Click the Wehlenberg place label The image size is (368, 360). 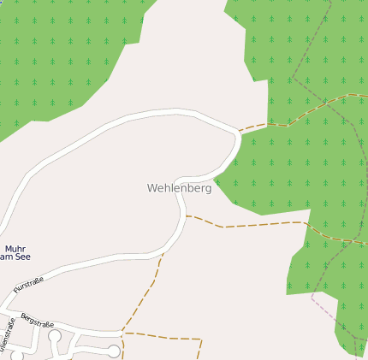179,187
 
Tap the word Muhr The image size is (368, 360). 15,248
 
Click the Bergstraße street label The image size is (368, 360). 38,320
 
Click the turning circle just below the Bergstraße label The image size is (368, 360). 55,336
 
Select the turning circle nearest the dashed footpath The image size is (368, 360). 113,351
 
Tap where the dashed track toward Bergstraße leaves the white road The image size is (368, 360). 162,254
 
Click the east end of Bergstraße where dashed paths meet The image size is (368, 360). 122,332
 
